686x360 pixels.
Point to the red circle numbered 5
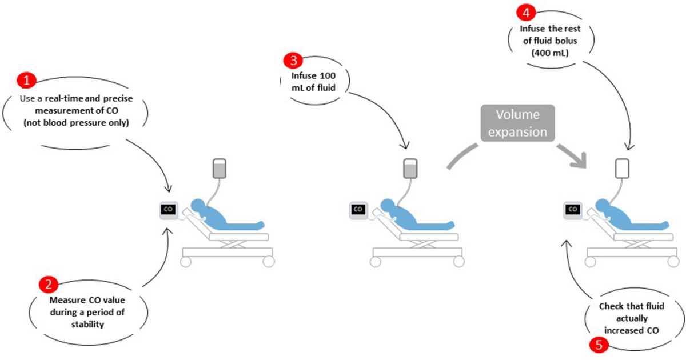click(598, 345)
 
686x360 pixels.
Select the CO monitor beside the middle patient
click(358, 210)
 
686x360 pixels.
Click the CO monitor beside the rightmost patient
click(572, 210)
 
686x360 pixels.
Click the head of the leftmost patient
click(197, 205)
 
